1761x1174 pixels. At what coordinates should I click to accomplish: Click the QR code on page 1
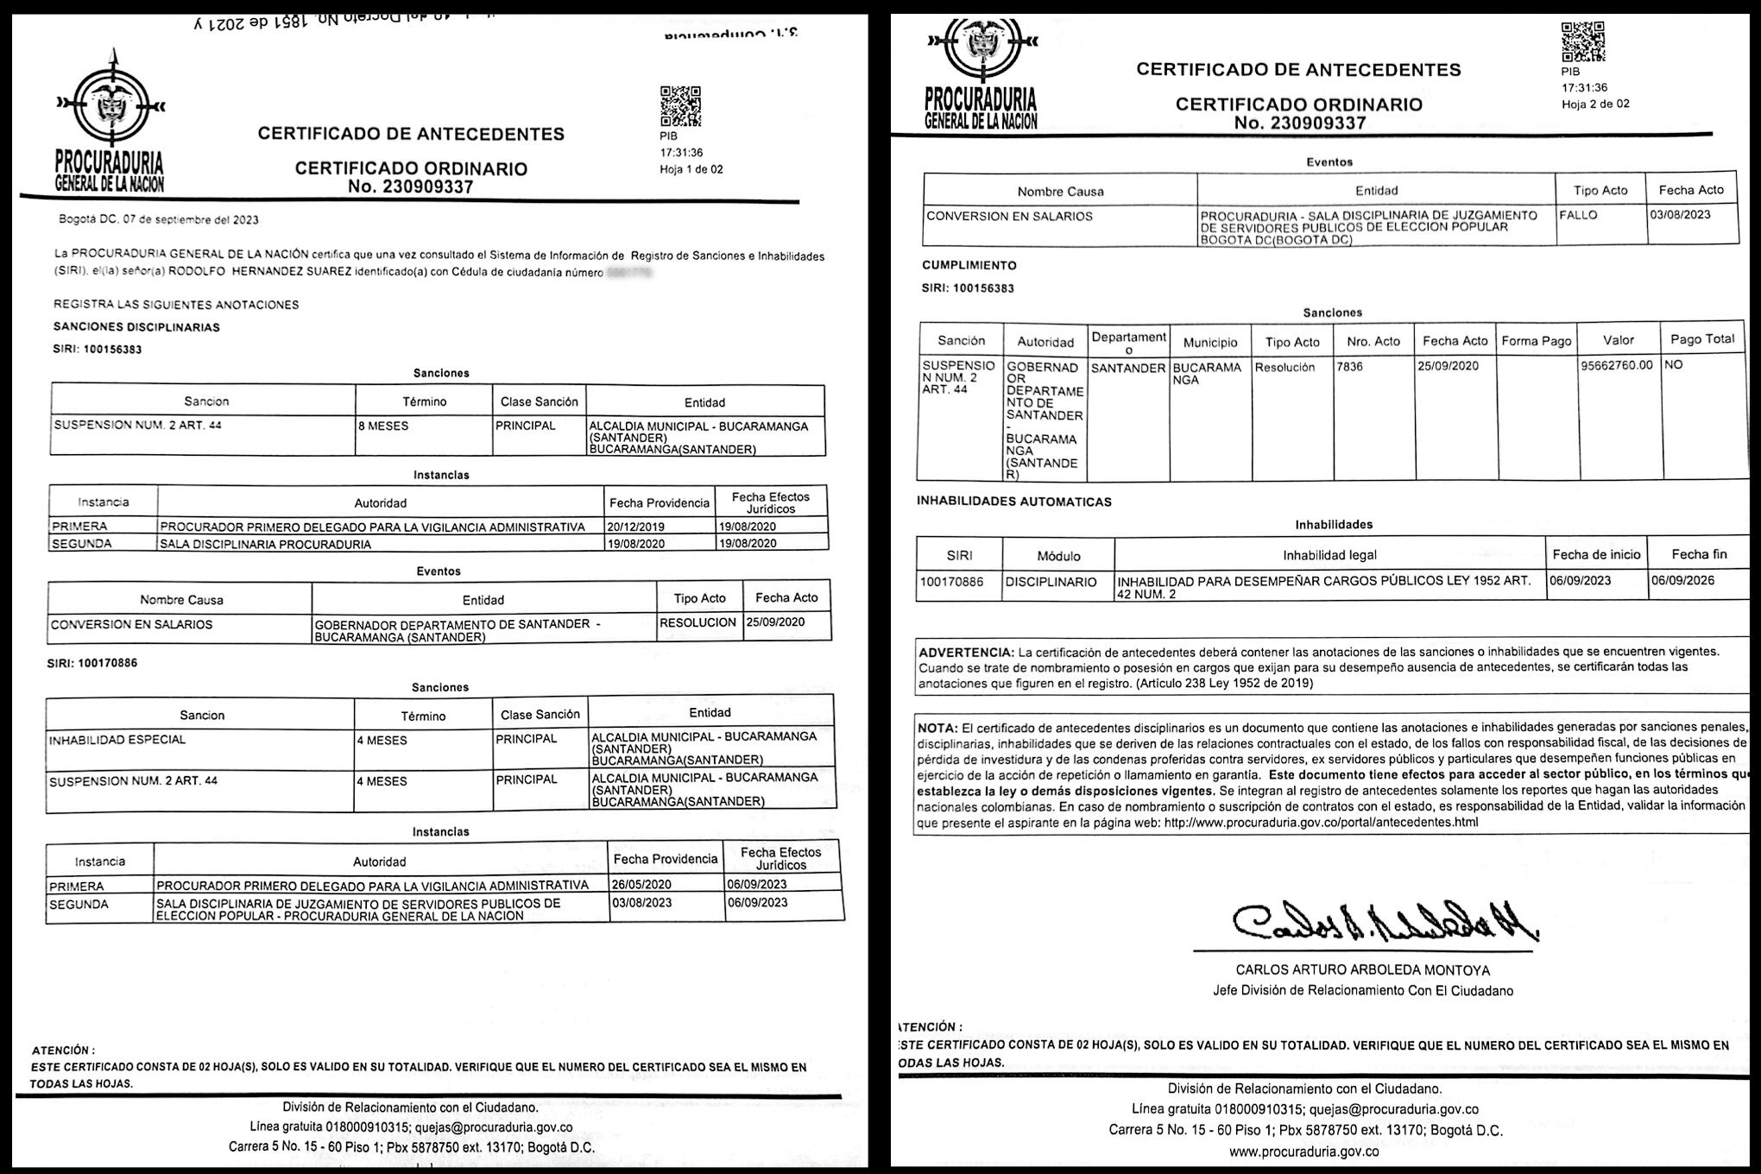click(x=680, y=107)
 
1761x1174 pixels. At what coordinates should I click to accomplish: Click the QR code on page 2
click(x=1582, y=41)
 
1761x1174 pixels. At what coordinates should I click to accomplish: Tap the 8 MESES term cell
click(x=383, y=426)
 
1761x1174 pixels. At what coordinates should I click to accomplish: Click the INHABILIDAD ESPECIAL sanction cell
click(x=117, y=740)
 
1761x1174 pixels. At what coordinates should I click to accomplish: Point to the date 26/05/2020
click(x=641, y=885)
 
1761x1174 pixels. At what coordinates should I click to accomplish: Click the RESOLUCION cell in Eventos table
click(x=697, y=622)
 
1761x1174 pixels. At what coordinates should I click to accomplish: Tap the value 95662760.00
click(x=1616, y=366)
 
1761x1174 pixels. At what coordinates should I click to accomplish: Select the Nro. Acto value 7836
click(x=1349, y=367)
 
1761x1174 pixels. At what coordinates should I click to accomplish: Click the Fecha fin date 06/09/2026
click(x=1682, y=581)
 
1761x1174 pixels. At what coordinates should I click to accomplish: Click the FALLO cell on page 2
click(x=1579, y=215)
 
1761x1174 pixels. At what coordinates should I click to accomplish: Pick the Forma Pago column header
click(x=1537, y=341)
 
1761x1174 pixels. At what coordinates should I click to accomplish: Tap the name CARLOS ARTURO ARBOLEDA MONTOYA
click(x=1362, y=970)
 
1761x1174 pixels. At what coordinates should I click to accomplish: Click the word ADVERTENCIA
click(x=965, y=653)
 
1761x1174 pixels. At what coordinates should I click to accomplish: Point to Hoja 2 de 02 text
click(x=1595, y=104)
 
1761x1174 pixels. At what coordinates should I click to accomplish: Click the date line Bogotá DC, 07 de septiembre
click(x=159, y=220)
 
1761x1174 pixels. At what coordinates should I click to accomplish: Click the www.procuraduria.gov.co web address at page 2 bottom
click(x=1303, y=1152)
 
